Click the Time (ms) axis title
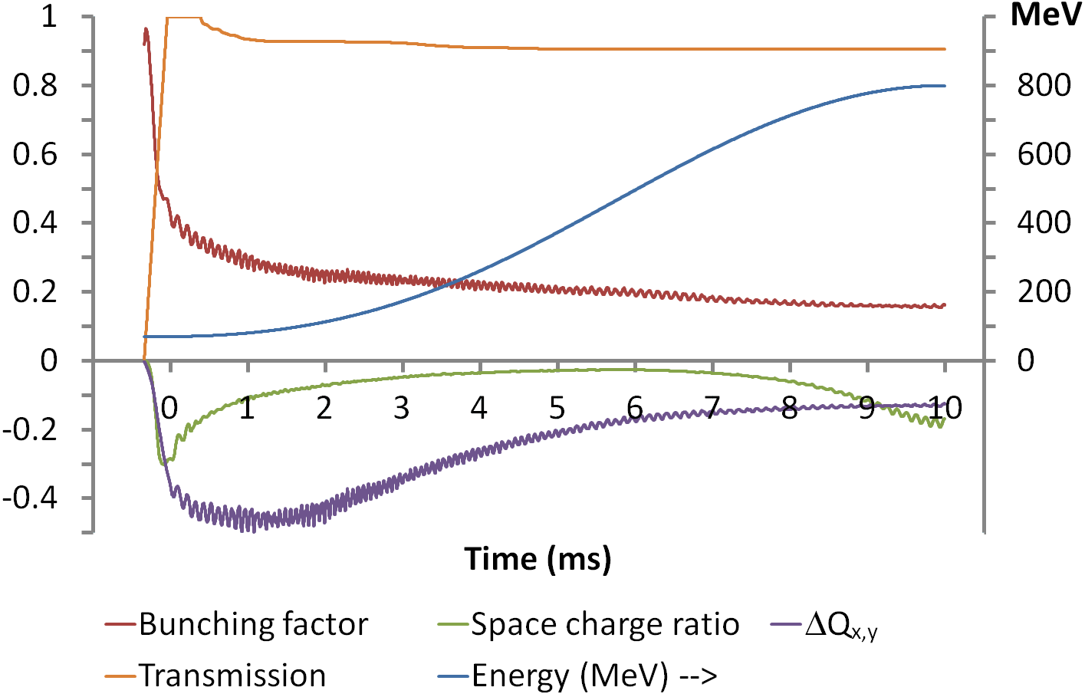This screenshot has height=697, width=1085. pyautogui.click(x=538, y=558)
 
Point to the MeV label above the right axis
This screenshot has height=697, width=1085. pyautogui.click(x=1045, y=15)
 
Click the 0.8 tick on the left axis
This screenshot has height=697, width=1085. pyautogui.click(x=35, y=85)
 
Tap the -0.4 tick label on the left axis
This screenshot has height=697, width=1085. pyautogui.click(x=30, y=498)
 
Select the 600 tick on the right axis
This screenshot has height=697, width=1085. pyautogui.click(x=1044, y=154)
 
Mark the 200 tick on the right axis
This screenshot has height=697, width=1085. pyautogui.click(x=1044, y=291)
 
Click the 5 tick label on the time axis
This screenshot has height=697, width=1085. pyautogui.click(x=557, y=409)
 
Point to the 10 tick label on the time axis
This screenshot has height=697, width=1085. pyautogui.click(x=944, y=409)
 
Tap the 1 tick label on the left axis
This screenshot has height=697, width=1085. pyautogui.click(x=49, y=16)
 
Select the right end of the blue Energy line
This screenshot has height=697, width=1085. pyautogui.click(x=944, y=86)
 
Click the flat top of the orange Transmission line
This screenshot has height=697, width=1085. pyautogui.click(x=184, y=17)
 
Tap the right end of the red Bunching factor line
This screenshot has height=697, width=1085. pyautogui.click(x=944, y=305)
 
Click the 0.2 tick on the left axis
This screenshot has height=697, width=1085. pyautogui.click(x=35, y=291)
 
